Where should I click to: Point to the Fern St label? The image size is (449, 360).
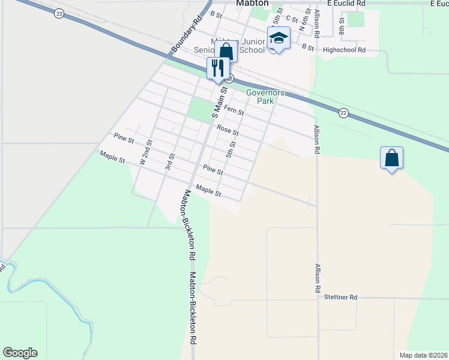click(234, 110)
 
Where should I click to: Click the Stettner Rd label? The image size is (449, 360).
click(340, 297)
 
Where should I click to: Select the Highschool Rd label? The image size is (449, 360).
click(344, 50)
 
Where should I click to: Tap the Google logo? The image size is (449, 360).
click(20, 353)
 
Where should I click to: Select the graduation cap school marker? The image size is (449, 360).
click(279, 38)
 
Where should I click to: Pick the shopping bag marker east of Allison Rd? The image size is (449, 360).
click(391, 158)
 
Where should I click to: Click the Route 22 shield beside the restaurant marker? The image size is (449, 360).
click(229, 79)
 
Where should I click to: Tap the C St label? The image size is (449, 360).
click(292, 20)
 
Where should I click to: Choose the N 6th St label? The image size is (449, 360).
click(305, 19)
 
